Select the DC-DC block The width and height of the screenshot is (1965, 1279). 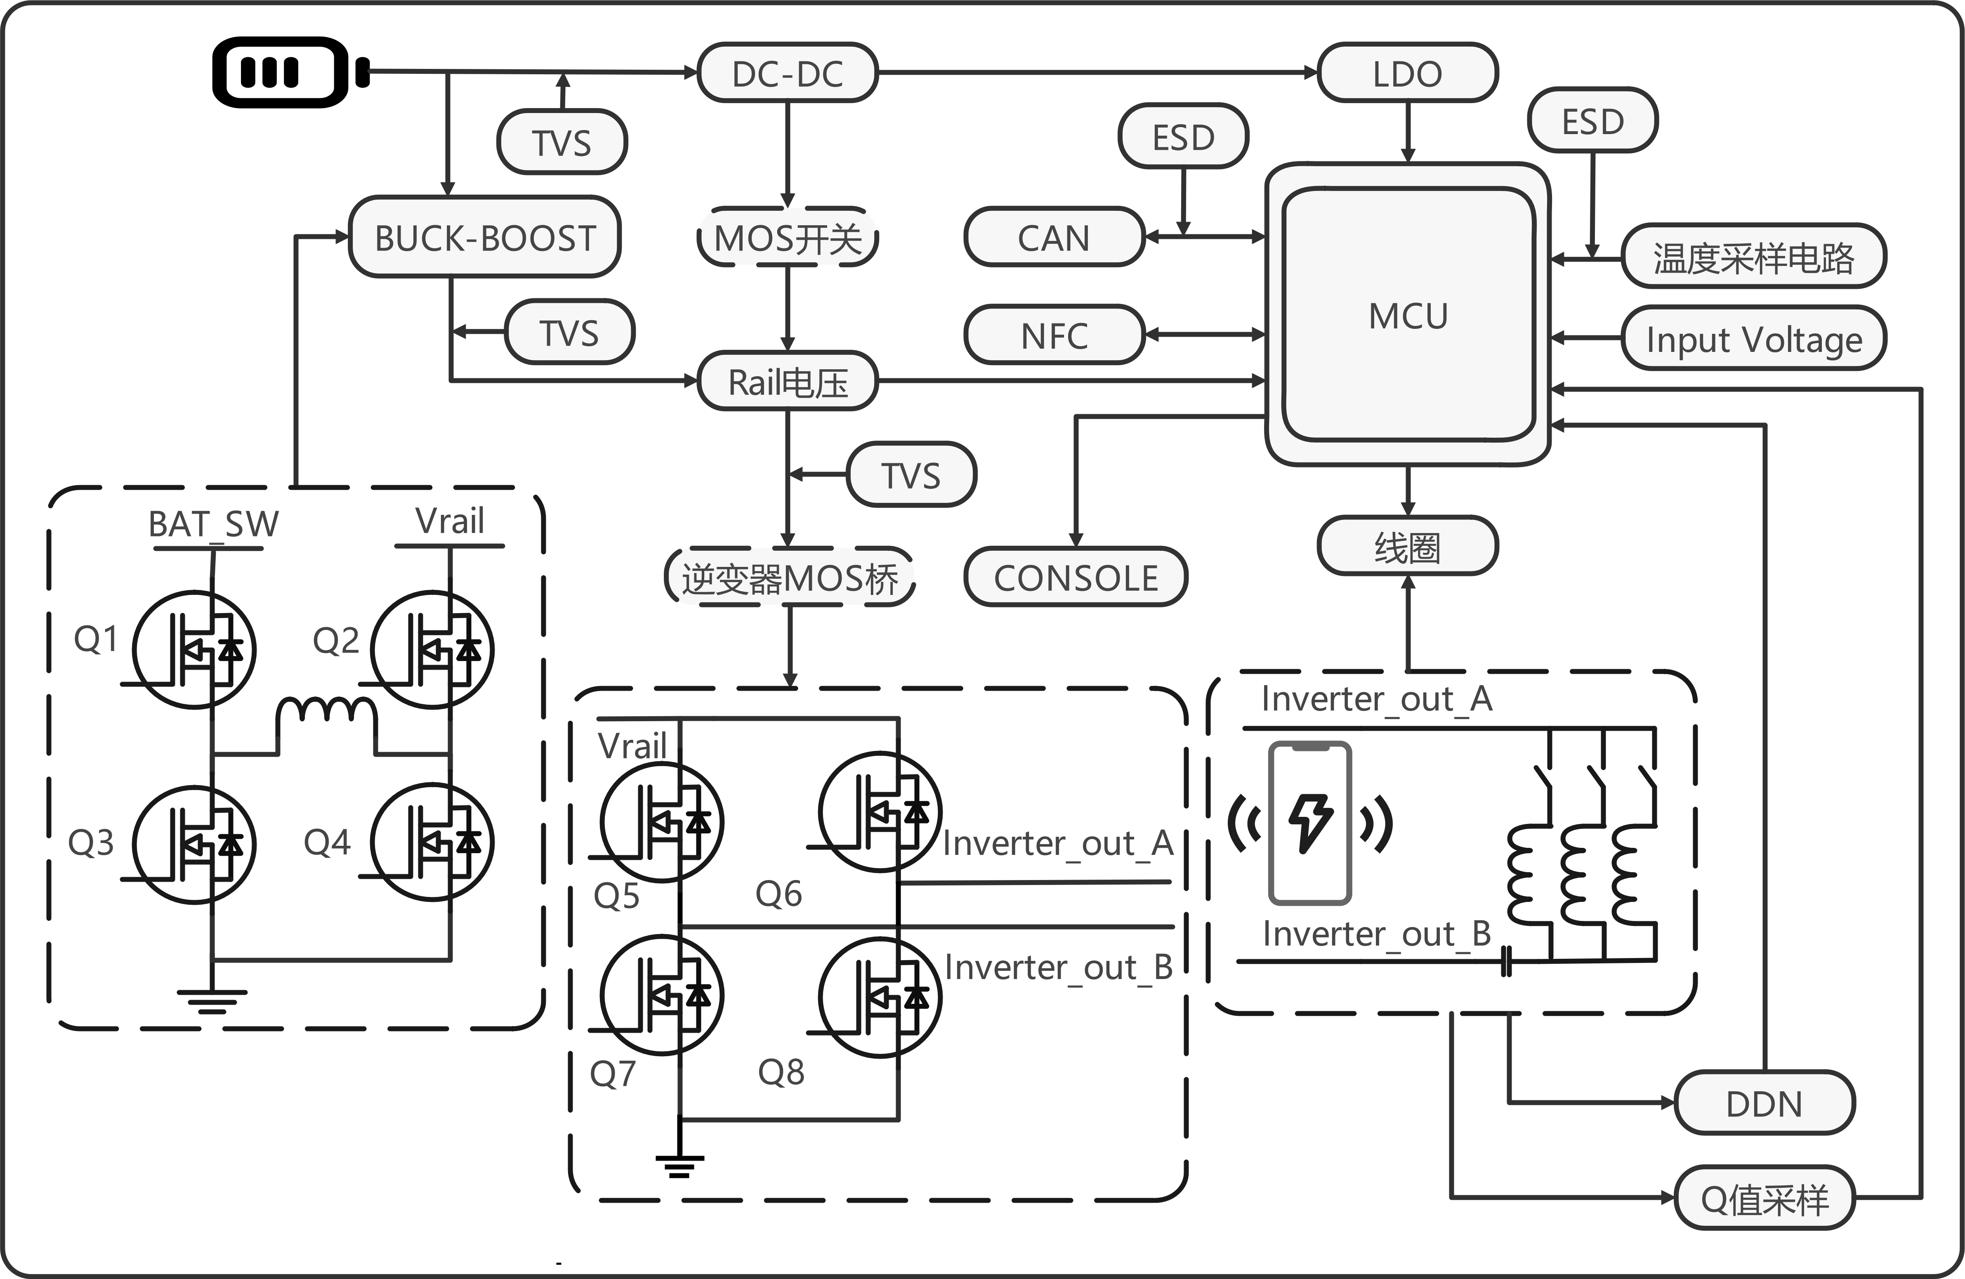pos(787,73)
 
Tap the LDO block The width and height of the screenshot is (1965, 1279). pos(1407,73)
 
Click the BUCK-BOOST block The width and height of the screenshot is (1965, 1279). pos(485,238)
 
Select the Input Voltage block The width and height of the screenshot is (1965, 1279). pos(1754,339)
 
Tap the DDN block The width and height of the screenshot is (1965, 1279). pos(1764,1103)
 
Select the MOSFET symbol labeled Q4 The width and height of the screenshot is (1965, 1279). pos(432,842)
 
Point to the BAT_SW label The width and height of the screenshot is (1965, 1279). pos(213,524)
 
